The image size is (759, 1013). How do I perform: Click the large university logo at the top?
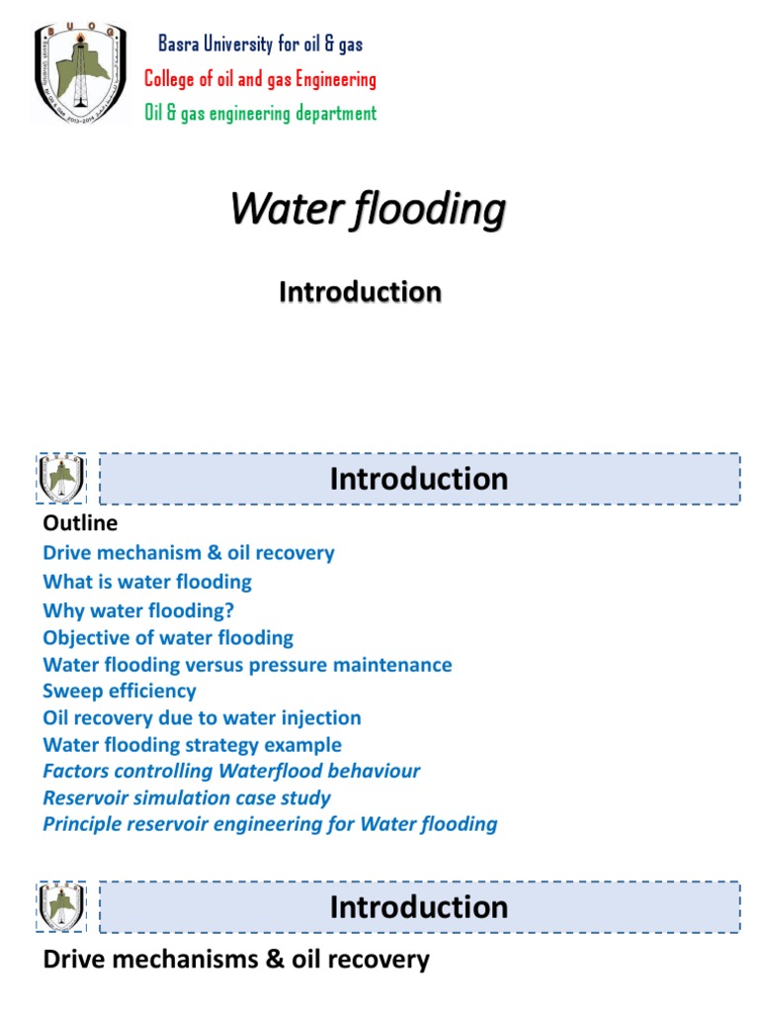point(81,75)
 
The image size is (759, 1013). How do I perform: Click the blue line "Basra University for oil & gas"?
point(261,44)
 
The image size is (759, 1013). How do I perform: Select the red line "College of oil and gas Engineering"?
point(260,78)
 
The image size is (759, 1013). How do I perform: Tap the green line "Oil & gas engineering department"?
point(260,113)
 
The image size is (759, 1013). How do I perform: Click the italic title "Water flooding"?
point(368,209)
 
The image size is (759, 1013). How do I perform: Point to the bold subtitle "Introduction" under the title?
point(360,292)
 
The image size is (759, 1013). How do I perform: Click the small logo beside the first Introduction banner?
point(61,479)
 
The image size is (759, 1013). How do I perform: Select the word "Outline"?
point(80,522)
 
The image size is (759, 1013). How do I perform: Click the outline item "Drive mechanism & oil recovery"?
point(189,553)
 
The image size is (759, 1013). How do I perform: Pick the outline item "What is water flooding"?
point(147,582)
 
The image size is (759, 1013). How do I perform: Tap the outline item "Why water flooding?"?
point(138,610)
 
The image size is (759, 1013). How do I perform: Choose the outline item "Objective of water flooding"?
point(168,638)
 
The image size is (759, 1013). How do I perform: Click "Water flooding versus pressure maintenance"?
point(247,665)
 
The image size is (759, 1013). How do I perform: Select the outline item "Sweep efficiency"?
point(120,691)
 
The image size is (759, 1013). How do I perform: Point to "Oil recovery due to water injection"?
point(202,718)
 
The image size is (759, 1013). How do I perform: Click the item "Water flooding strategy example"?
point(193,745)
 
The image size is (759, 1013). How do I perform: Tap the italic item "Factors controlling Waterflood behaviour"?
point(231,771)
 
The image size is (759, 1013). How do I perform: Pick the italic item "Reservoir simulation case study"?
point(187,797)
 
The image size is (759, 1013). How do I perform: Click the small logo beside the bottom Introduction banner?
point(61,907)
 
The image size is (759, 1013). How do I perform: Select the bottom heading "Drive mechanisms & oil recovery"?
point(236,959)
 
